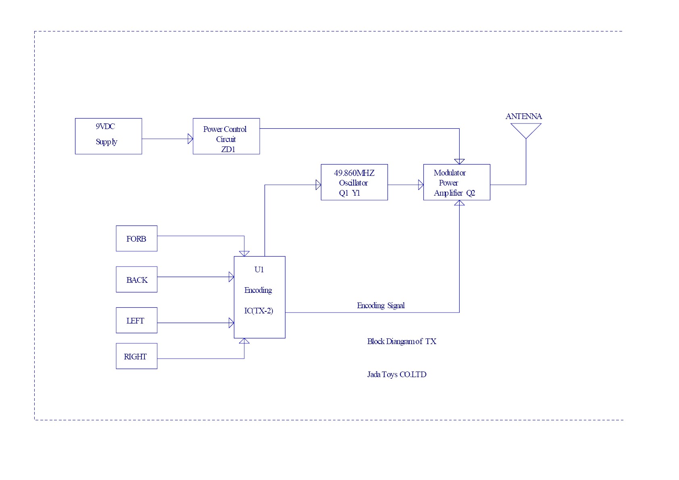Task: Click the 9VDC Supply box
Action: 108,136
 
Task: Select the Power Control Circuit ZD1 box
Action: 226,136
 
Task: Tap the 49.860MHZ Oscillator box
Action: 354,182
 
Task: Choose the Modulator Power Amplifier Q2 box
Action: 456,182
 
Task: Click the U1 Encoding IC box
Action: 259,297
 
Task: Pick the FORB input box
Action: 136,238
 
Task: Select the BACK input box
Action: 136,279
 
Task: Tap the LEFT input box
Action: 136,320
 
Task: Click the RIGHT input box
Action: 136,356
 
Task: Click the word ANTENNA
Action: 523,116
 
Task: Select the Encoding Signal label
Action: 381,305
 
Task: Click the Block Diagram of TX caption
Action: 402,341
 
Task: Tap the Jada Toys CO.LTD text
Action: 396,374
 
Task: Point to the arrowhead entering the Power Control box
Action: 190,139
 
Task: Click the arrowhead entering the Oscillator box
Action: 318,185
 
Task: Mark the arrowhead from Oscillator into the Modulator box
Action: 421,185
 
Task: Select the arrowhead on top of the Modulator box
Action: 459,161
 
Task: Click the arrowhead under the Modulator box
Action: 459,203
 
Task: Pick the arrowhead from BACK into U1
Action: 231,277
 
